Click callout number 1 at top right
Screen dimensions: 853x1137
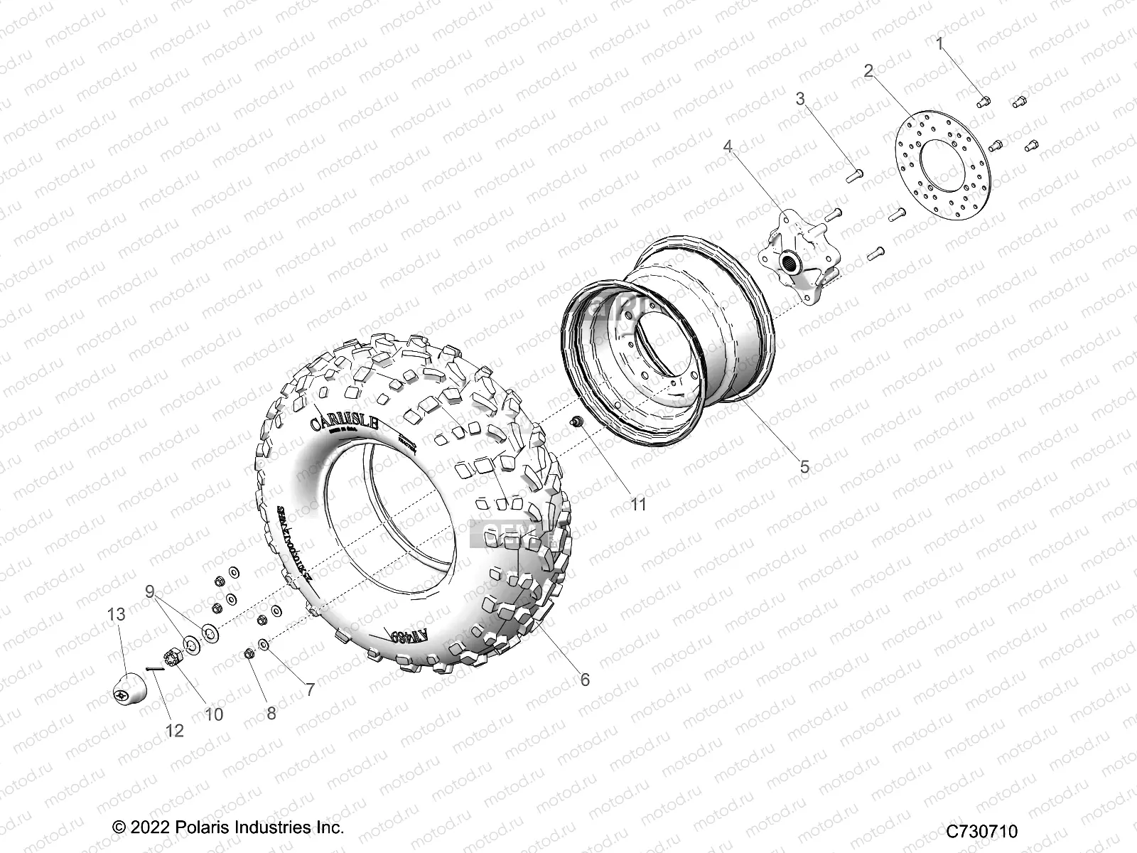(x=940, y=44)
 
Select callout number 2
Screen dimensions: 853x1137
(x=868, y=70)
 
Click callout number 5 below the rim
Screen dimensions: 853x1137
(x=804, y=467)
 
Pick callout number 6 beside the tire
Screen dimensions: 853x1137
(x=585, y=680)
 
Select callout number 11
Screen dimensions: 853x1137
(x=639, y=504)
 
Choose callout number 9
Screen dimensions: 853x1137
(x=149, y=591)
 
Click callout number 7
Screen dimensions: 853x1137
(x=310, y=689)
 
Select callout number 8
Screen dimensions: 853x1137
(x=271, y=713)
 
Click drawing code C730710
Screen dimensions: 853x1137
(x=981, y=832)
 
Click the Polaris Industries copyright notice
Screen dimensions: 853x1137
(x=228, y=827)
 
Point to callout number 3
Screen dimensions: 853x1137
(x=800, y=98)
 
